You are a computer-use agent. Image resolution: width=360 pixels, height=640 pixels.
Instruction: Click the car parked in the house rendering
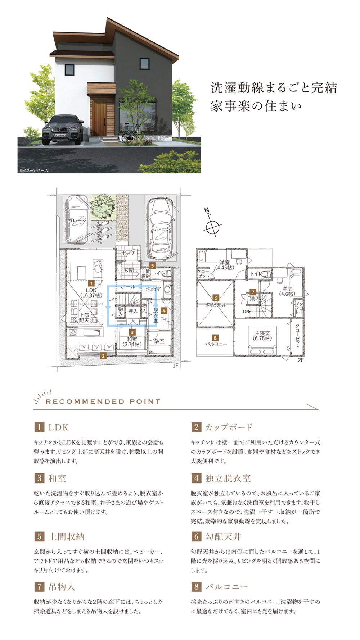coord(63,130)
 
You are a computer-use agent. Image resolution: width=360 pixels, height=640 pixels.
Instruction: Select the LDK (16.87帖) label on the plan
coord(91,292)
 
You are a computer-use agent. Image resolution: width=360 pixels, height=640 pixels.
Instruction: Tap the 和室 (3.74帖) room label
coord(132,342)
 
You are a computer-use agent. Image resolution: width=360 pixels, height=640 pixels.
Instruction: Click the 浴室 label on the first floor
coord(159,341)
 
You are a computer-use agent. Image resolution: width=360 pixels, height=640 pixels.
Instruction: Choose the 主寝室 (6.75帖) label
coord(262,336)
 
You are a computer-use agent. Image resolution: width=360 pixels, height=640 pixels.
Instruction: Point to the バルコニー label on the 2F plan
coord(216,344)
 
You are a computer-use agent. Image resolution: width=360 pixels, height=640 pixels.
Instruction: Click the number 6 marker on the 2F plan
coord(216,298)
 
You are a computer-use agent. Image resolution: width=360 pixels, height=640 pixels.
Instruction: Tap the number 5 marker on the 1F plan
coord(153,265)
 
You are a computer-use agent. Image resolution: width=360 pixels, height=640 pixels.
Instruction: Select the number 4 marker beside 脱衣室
coord(164,310)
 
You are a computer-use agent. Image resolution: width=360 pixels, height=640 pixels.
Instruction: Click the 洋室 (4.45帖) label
coord(225,265)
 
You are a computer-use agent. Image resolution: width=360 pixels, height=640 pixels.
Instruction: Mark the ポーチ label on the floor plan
coord(128,253)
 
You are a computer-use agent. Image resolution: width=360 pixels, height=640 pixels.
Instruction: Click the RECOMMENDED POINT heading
coord(103,401)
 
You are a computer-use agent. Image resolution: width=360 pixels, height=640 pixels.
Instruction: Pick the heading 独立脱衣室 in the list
coord(228,478)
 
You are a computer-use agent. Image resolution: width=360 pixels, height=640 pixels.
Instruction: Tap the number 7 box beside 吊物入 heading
coord(39,587)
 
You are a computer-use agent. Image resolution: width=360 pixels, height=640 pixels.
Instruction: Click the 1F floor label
coord(176,366)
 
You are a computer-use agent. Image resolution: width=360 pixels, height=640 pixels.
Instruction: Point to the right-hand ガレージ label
coord(161,229)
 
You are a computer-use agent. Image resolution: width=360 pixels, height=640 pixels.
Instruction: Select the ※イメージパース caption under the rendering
coord(33,170)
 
